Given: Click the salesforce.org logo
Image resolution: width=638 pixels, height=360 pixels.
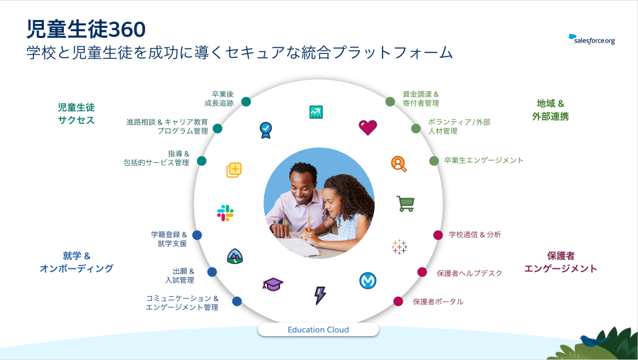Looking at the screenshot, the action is coord(591,39).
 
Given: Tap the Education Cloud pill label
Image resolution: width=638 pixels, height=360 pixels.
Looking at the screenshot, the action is coord(318,329).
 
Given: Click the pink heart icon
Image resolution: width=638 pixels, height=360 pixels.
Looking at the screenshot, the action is coord(368,127).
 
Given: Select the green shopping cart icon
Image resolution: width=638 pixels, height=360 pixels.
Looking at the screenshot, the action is coord(406,204).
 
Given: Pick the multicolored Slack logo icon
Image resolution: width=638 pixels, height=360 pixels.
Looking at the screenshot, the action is coord(225,213).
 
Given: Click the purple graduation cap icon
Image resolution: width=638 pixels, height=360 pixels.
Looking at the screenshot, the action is coord(273,284).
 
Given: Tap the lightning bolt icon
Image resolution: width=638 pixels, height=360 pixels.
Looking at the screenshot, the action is coord(320,295).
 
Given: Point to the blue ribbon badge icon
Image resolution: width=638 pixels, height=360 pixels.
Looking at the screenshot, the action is coord(265,130).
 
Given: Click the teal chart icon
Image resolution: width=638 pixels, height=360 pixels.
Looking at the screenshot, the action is coord(316,112).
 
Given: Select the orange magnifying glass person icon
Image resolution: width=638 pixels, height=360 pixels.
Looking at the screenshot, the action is coord(399,164).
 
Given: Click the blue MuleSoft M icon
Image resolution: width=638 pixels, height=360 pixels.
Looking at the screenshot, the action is coord(368,280).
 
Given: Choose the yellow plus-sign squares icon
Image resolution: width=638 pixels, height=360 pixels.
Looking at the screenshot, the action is coord(234,170).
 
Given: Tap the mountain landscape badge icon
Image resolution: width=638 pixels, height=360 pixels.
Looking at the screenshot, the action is coord(235,256).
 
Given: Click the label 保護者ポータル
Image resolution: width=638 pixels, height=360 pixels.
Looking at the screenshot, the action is coord(438,302).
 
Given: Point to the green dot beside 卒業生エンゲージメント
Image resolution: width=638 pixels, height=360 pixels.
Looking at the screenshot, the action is coord(434,160).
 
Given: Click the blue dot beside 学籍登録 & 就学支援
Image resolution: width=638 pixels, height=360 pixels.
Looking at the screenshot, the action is coord(197,235).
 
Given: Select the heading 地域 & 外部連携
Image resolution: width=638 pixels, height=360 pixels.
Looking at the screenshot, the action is coord(550,110).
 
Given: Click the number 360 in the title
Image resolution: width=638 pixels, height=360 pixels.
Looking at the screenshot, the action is coord(127,30).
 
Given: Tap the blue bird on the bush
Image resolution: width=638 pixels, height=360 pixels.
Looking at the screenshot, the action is coord(594,340).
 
